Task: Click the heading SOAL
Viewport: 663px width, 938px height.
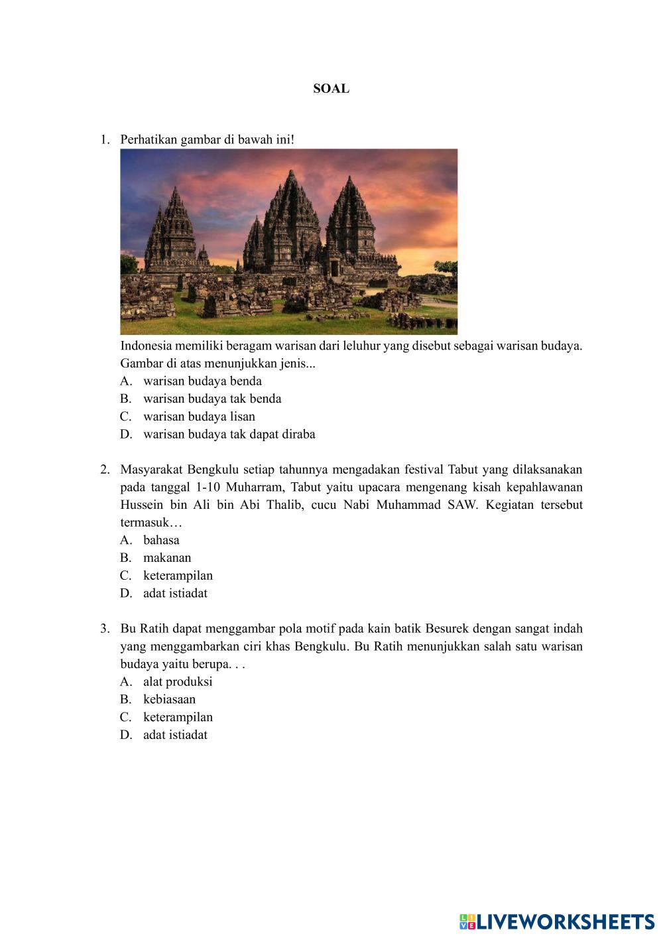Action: point(331,89)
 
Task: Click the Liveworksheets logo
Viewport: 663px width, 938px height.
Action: point(556,921)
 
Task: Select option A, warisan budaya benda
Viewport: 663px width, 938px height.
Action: point(202,381)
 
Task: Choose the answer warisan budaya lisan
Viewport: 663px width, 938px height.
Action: point(199,417)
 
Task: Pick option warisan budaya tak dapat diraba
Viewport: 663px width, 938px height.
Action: point(229,435)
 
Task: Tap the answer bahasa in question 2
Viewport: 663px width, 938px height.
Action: point(161,540)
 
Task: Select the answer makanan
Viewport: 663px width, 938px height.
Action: point(167,558)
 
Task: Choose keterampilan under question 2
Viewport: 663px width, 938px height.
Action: point(178,576)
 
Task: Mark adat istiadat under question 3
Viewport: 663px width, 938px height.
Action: point(175,735)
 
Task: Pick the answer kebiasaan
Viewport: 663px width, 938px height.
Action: point(169,699)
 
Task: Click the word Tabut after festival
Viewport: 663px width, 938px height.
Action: point(463,470)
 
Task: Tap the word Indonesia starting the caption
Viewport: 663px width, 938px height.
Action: point(146,346)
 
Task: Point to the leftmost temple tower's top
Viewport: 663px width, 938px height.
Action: point(175,192)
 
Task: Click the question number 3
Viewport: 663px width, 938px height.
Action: point(105,628)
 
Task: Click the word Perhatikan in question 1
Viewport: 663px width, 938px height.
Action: point(151,140)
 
